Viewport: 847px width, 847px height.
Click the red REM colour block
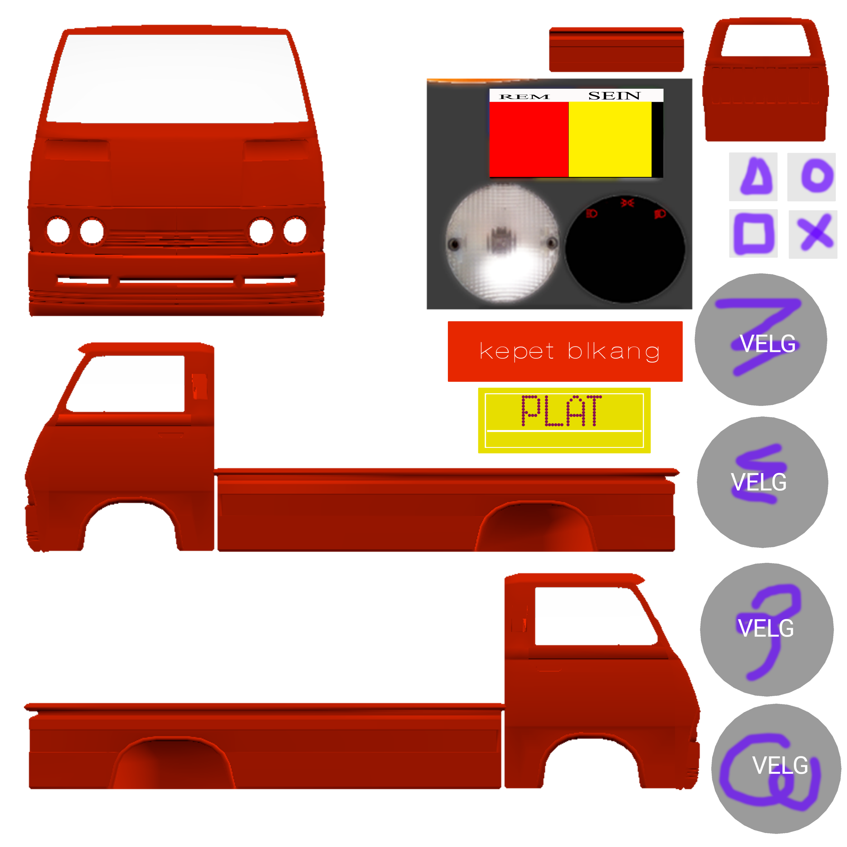[x=528, y=139]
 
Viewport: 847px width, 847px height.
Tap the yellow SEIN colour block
[x=609, y=139]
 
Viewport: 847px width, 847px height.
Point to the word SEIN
[x=614, y=95]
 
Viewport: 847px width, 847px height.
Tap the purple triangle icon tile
[x=753, y=177]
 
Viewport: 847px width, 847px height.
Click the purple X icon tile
[x=812, y=234]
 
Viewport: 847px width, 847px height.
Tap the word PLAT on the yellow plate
[x=561, y=411]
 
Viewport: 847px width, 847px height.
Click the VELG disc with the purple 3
[x=766, y=629]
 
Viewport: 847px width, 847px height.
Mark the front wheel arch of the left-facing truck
[x=131, y=524]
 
